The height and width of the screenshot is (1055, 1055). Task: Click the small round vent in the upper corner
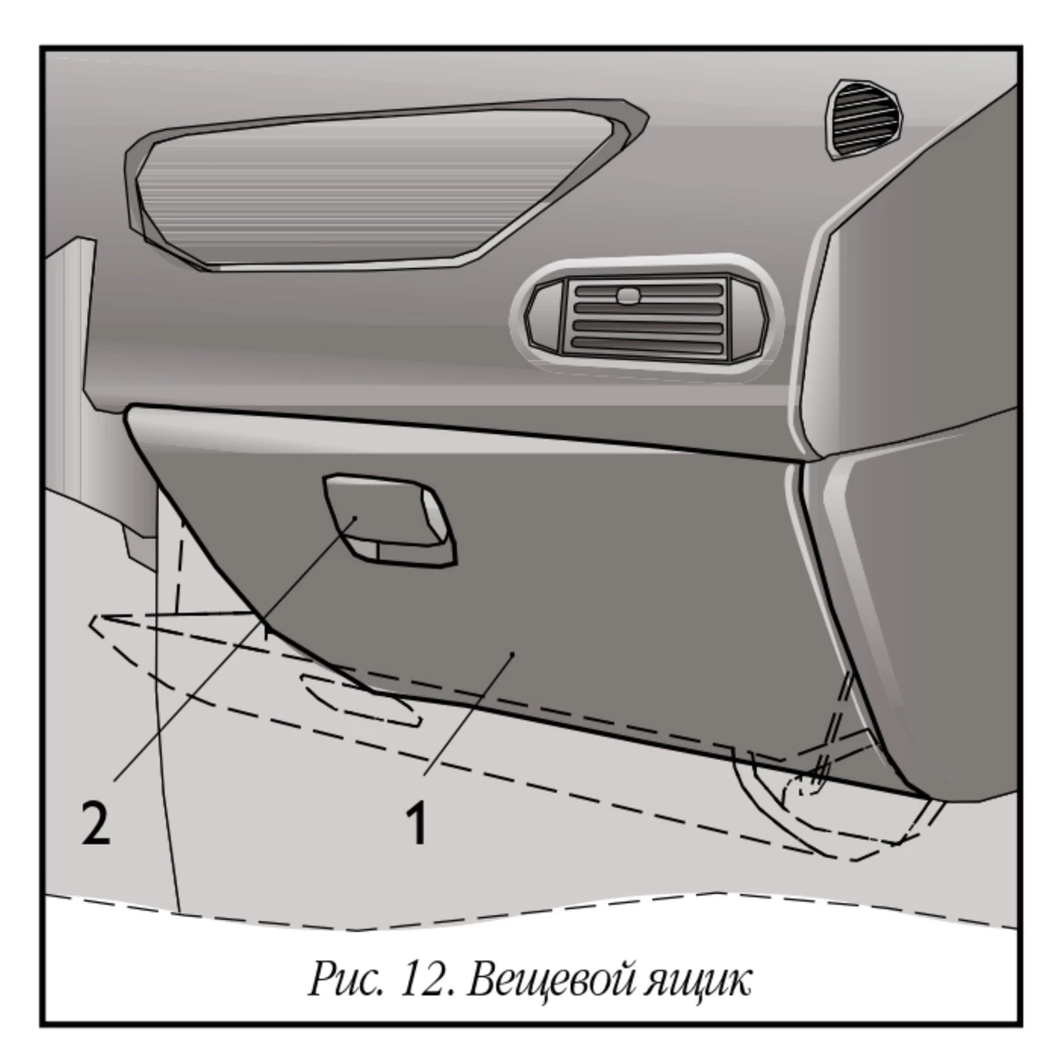pos(864,120)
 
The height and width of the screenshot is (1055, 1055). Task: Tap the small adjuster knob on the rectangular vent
pos(628,295)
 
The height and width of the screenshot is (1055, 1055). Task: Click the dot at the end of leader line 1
pos(513,654)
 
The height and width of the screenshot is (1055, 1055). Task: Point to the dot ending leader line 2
pos(355,517)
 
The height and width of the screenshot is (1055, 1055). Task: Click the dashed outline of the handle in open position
pos(360,700)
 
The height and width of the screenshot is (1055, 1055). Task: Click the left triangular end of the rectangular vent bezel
pos(543,316)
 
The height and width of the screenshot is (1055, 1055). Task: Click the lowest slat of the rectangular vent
pos(646,346)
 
